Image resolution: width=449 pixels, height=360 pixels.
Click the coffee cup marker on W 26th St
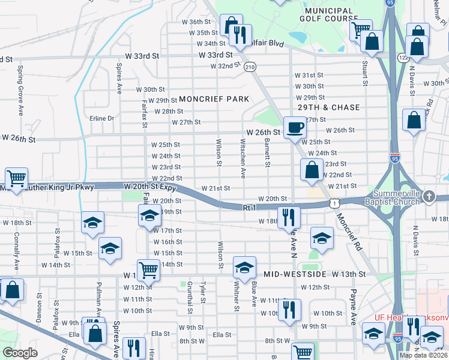pos(294,127)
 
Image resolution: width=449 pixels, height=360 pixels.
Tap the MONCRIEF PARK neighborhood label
pos(213,99)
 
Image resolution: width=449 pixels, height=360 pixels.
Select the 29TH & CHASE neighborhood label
pos(330,107)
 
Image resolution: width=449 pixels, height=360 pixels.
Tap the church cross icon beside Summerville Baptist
pos(429,196)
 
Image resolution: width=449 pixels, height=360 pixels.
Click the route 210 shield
pos(250,67)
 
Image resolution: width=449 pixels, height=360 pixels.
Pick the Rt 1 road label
pos(250,208)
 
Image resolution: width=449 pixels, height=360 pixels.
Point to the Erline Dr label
pos(101,118)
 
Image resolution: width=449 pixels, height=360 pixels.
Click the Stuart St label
pos(364,67)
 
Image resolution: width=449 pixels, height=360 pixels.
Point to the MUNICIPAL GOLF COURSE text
pos(329,16)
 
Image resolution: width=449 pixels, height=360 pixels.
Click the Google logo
pos(20,353)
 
